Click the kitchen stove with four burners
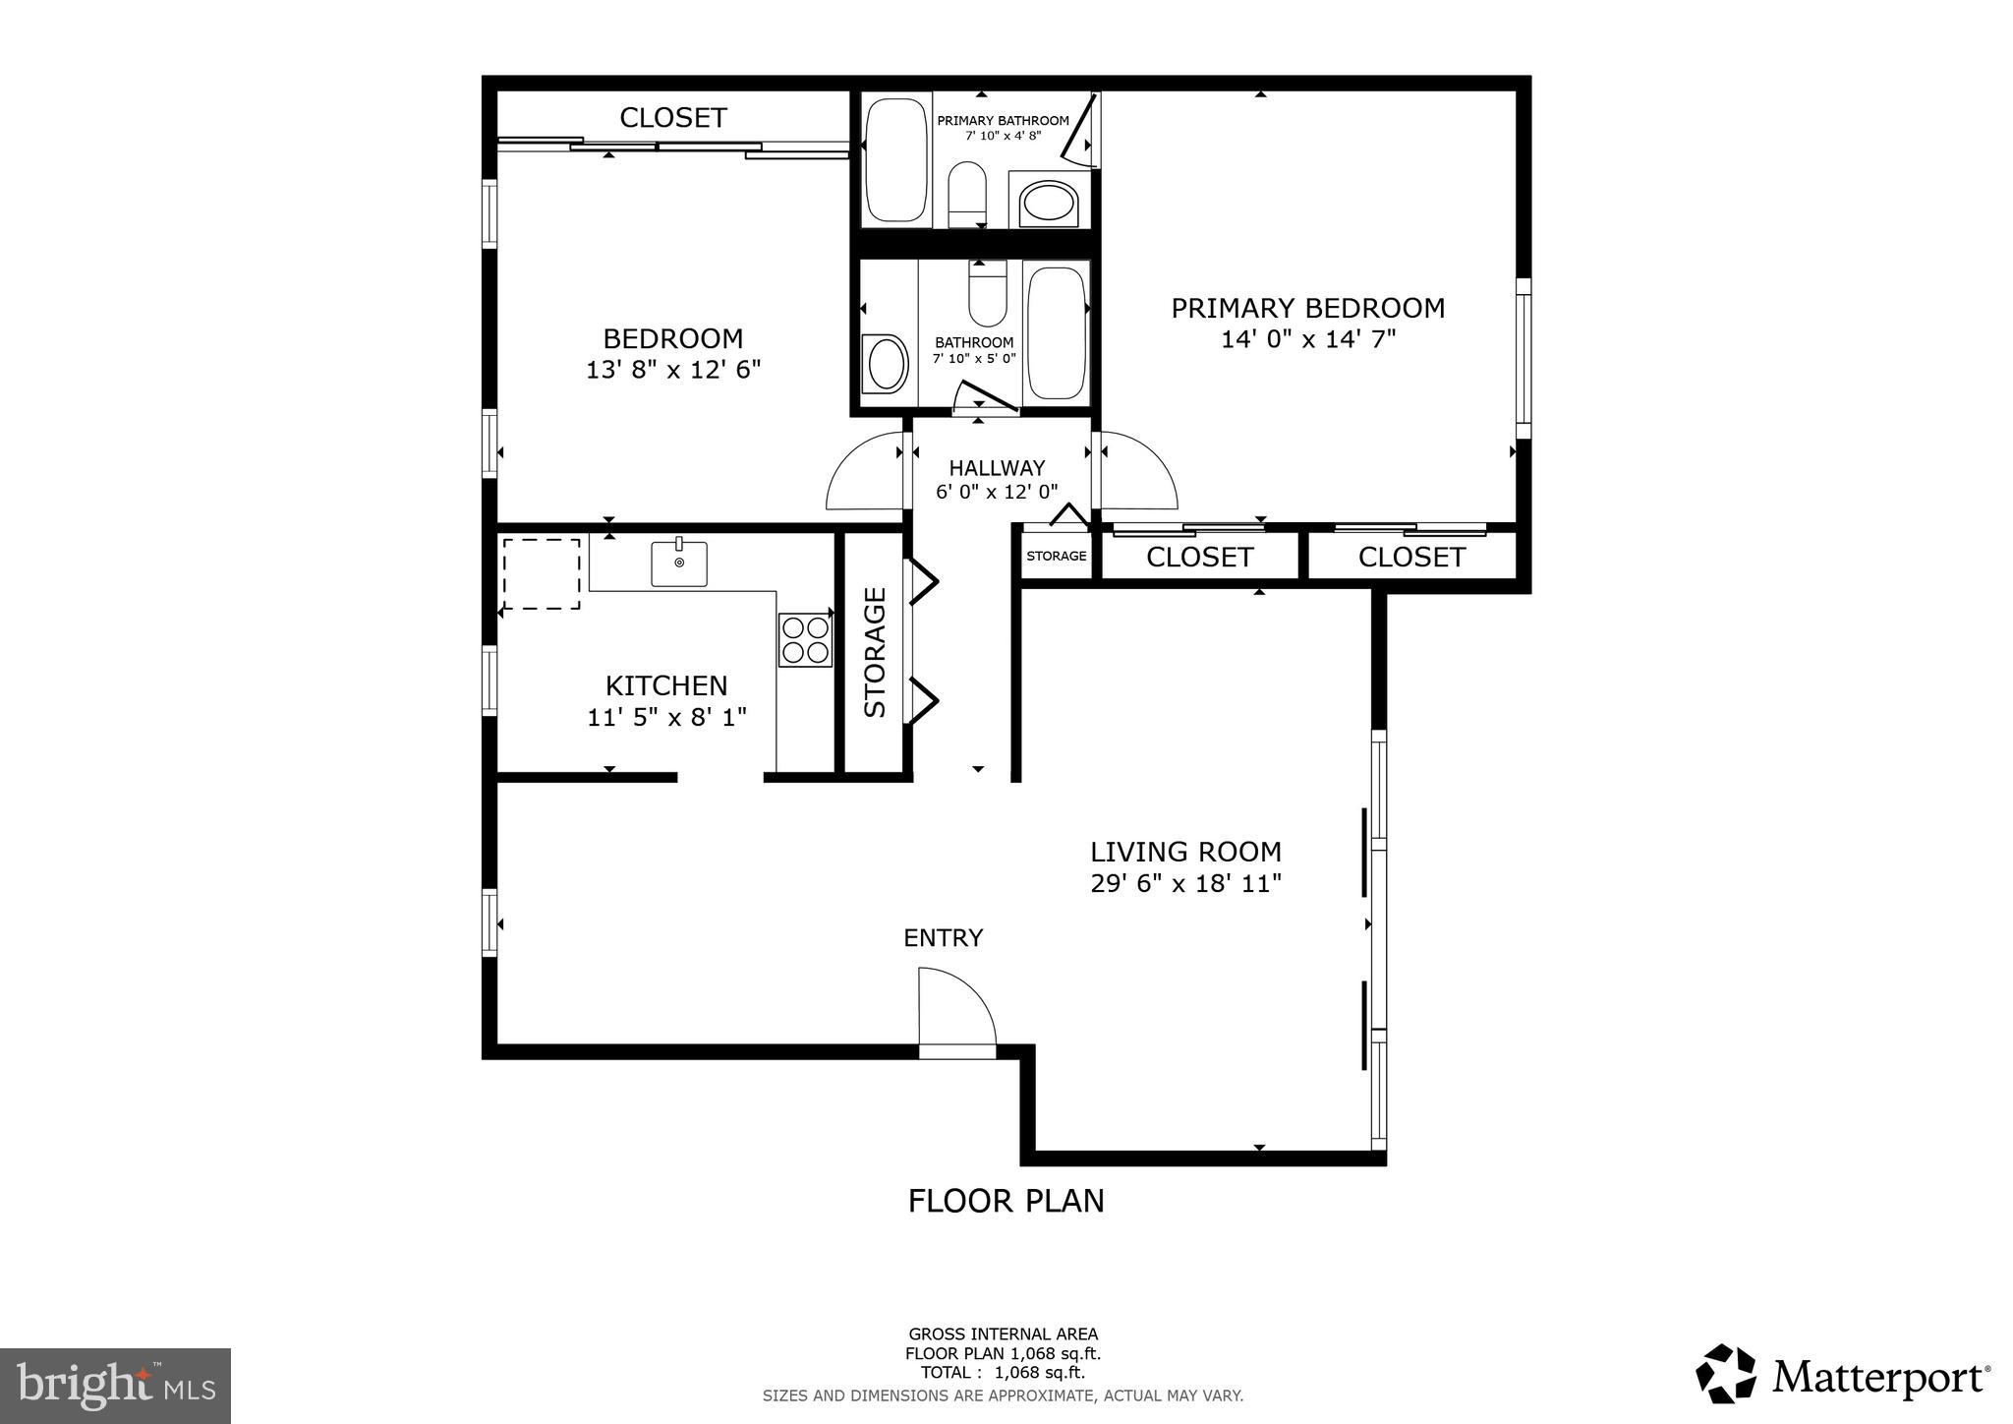click(x=805, y=640)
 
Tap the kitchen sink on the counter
click(x=679, y=564)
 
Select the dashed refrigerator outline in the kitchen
click(x=542, y=573)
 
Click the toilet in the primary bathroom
click(x=967, y=193)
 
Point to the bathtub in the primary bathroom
click(x=895, y=158)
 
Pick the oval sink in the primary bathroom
click(x=1049, y=204)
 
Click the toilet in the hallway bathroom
click(x=987, y=294)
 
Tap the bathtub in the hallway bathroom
click(x=1056, y=332)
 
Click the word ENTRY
click(x=943, y=938)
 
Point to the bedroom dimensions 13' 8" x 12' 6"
click(x=673, y=371)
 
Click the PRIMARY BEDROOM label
click(x=1307, y=309)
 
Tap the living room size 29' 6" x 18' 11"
click(x=1185, y=883)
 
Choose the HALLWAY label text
click(x=997, y=468)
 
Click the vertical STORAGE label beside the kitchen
click(x=875, y=652)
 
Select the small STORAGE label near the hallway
click(x=1057, y=556)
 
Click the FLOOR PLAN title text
click(x=1006, y=1201)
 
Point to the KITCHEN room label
click(x=666, y=685)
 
